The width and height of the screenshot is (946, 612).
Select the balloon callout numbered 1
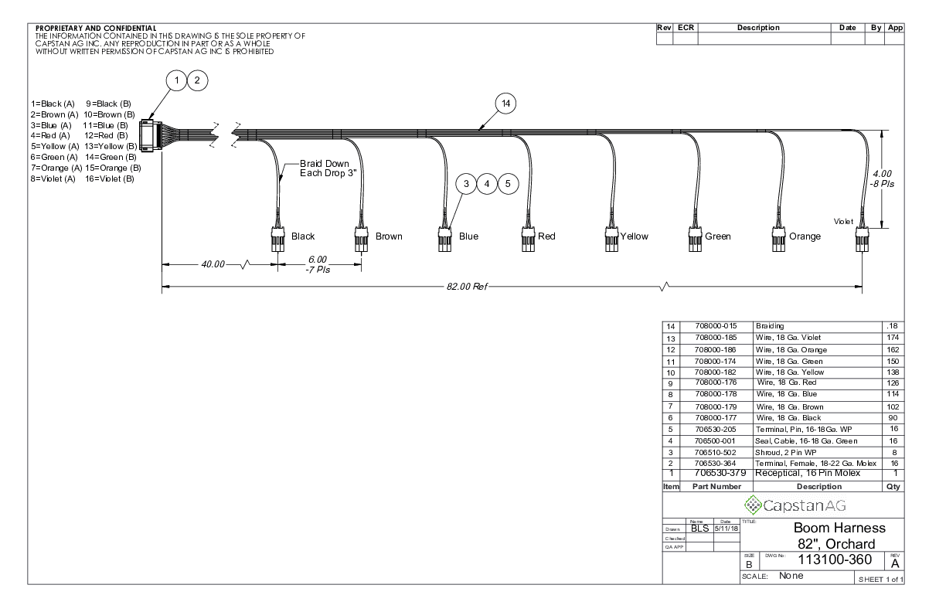(x=178, y=80)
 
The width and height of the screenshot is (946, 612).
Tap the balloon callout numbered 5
(x=506, y=184)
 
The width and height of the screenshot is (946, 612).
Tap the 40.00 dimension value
(x=213, y=265)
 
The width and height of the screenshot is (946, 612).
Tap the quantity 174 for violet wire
(x=894, y=338)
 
